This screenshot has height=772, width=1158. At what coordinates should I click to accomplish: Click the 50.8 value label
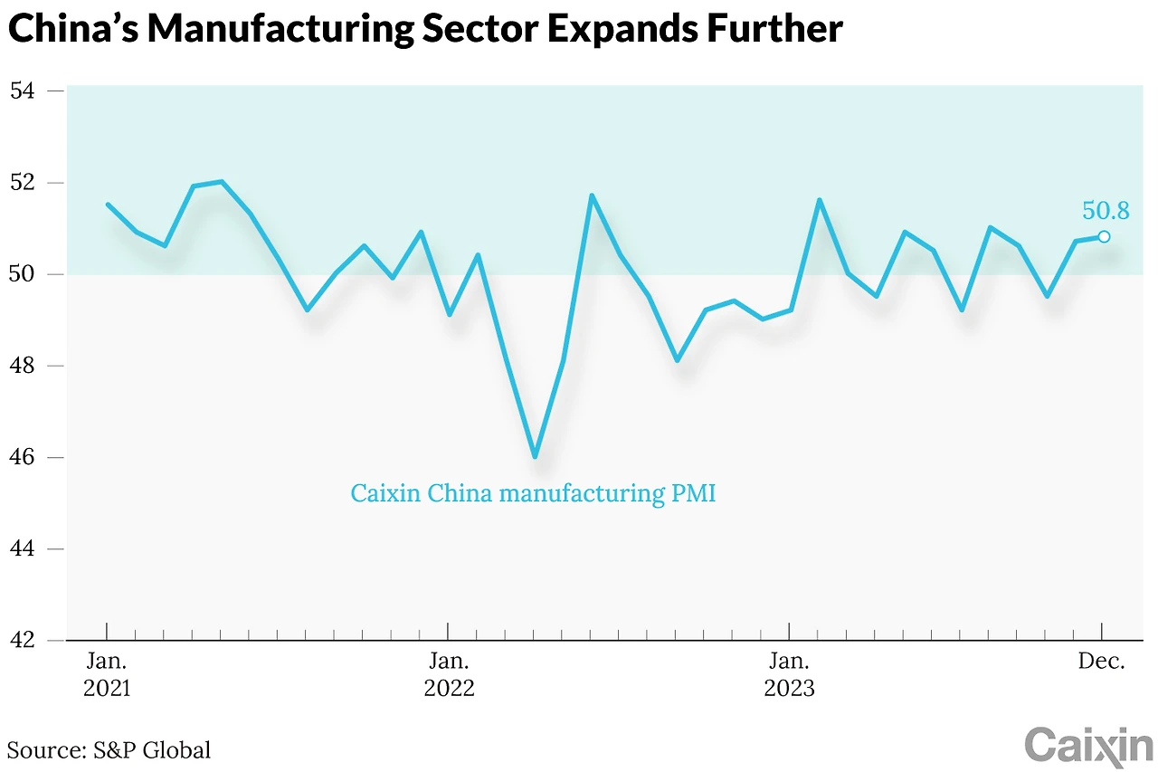click(x=1106, y=211)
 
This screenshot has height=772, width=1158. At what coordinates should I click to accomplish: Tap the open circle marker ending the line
click(x=1104, y=237)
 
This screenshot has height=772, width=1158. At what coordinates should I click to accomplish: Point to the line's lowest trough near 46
click(x=535, y=456)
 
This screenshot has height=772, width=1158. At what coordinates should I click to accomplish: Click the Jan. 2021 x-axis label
click(x=107, y=674)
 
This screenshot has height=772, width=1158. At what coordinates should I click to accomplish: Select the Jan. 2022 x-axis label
click(x=449, y=674)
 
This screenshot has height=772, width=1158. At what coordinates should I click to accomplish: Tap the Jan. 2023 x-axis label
click(x=790, y=674)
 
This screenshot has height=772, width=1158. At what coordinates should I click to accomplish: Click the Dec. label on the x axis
click(x=1101, y=662)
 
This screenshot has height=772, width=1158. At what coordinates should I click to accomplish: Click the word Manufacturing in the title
click(x=271, y=30)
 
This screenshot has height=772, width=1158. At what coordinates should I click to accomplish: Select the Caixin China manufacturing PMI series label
click(x=533, y=494)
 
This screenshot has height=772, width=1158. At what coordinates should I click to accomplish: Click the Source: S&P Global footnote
click(x=109, y=749)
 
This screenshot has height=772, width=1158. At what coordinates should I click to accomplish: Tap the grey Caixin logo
click(x=1088, y=746)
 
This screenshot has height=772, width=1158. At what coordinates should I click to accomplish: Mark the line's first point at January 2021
click(x=108, y=205)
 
